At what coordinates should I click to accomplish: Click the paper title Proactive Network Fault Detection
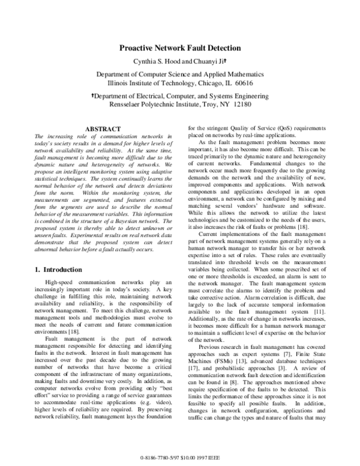tap(180, 47)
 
